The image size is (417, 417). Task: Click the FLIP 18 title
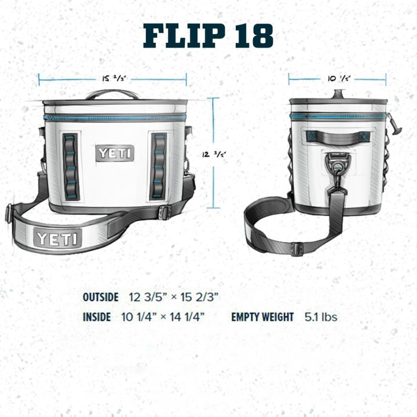pos(209,36)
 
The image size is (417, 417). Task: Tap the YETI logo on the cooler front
pos(115,153)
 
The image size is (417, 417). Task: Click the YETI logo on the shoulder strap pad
pos(58,238)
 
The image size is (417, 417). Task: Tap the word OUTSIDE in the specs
pos(101,297)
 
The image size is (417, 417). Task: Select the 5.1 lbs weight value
pos(321,317)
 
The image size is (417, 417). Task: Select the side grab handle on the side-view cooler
pos(338,137)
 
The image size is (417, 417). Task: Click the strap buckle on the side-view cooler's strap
pos(297,249)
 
